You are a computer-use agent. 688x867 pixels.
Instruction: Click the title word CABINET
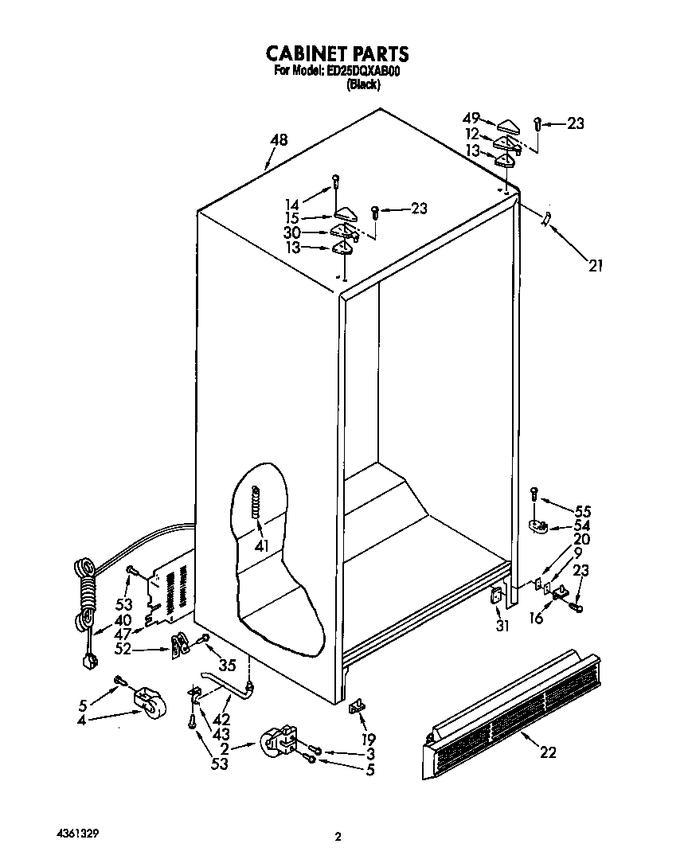pos(304,53)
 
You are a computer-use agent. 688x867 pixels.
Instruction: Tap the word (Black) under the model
pos(363,84)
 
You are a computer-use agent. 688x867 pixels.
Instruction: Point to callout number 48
pos(278,140)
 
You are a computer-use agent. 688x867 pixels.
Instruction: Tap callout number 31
pos(502,626)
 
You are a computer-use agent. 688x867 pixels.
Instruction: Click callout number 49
pos(471,118)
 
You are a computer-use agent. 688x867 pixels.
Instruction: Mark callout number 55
pos(583,511)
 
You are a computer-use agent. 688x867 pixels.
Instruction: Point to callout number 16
pos(537,617)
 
